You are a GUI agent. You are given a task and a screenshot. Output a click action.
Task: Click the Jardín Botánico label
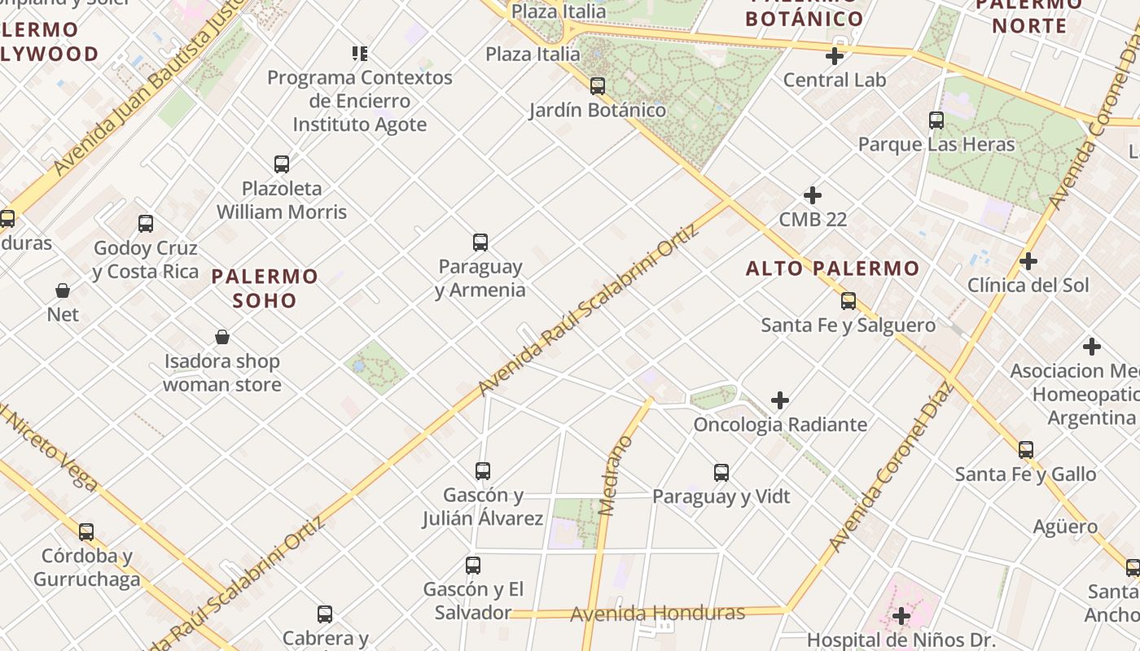point(598,110)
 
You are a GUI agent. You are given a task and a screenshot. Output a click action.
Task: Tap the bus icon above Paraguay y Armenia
point(480,242)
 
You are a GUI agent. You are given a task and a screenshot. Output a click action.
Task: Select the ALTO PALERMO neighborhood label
point(832,268)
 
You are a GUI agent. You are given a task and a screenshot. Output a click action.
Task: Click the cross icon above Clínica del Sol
point(1028,261)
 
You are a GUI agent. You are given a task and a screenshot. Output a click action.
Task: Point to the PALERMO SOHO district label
point(265,288)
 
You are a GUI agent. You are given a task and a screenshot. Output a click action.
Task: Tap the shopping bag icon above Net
point(63,291)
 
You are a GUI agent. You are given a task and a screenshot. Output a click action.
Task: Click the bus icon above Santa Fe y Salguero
point(848,301)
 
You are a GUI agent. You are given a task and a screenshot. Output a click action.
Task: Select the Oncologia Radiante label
point(780,424)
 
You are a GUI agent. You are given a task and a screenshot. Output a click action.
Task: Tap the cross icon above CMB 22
point(813,195)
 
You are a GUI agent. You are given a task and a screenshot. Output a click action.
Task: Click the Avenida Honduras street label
point(657,613)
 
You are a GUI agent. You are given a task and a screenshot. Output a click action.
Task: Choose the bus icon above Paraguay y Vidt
point(721,472)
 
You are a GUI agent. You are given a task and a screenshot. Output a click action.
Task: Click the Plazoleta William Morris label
point(282,200)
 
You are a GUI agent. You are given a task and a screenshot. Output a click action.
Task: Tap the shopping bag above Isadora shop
point(222,337)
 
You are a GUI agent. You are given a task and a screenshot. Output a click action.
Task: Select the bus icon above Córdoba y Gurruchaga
point(86,532)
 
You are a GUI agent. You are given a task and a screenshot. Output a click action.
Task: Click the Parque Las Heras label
point(936,144)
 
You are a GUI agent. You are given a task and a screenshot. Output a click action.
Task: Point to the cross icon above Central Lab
point(835,56)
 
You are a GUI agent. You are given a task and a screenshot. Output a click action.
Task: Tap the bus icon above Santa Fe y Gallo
point(1026,449)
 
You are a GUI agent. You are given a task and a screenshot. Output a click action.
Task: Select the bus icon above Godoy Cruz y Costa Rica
point(146,224)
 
